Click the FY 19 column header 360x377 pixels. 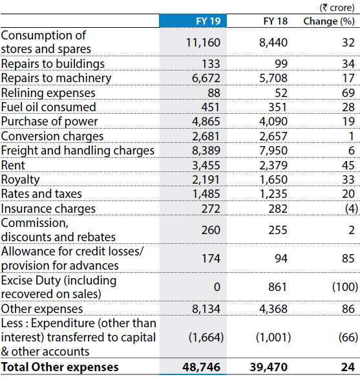[x=208, y=21]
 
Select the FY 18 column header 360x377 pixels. [x=275, y=21]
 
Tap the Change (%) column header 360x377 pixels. [x=329, y=21]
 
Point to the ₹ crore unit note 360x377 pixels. [x=337, y=8]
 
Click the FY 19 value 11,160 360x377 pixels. [x=204, y=43]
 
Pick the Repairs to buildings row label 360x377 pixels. [x=53, y=64]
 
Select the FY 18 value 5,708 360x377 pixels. [x=273, y=78]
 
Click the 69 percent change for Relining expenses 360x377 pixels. [x=348, y=93]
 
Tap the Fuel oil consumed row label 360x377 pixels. [x=48, y=107]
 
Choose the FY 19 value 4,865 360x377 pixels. [x=206, y=122]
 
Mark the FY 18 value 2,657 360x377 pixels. [x=273, y=136]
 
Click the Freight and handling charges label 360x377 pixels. [x=78, y=151]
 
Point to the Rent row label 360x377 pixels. [x=13, y=165]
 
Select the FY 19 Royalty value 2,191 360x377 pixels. [x=206, y=180]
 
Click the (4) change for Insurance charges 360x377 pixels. [x=352, y=209]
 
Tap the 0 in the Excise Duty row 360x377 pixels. [x=217, y=287]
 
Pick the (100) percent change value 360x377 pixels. [x=345, y=287]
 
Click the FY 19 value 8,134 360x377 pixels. [x=206, y=308]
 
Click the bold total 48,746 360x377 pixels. [x=201, y=367]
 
